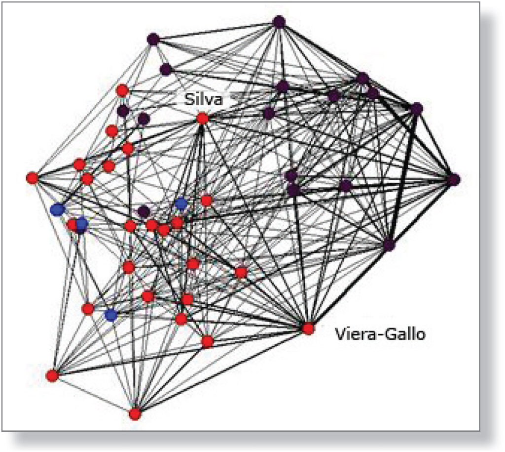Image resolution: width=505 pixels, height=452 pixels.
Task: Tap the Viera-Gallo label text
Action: coord(380,334)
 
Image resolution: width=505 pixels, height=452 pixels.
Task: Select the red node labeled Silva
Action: coord(202,119)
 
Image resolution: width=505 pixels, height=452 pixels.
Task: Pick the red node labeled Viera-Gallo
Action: coord(308,328)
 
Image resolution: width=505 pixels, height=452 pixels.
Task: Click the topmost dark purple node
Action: coord(279,22)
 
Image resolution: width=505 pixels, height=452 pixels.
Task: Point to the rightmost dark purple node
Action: coord(453,180)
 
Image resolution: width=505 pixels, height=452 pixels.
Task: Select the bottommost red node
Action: coord(135,414)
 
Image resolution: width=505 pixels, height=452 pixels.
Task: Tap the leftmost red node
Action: coord(33,178)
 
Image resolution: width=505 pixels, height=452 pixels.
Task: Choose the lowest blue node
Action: coord(111,315)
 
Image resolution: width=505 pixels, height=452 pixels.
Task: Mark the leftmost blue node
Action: coord(58,209)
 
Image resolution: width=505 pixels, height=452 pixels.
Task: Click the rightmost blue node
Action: coord(181,203)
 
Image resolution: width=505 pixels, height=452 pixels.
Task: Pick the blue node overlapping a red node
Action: coord(81,225)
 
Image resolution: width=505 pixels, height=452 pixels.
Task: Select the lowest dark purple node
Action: coord(389,245)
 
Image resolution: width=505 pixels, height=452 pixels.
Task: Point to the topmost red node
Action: coord(122,90)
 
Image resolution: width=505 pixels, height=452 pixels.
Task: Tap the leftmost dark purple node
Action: coord(123,111)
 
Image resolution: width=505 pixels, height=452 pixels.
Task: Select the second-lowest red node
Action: coord(52,375)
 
